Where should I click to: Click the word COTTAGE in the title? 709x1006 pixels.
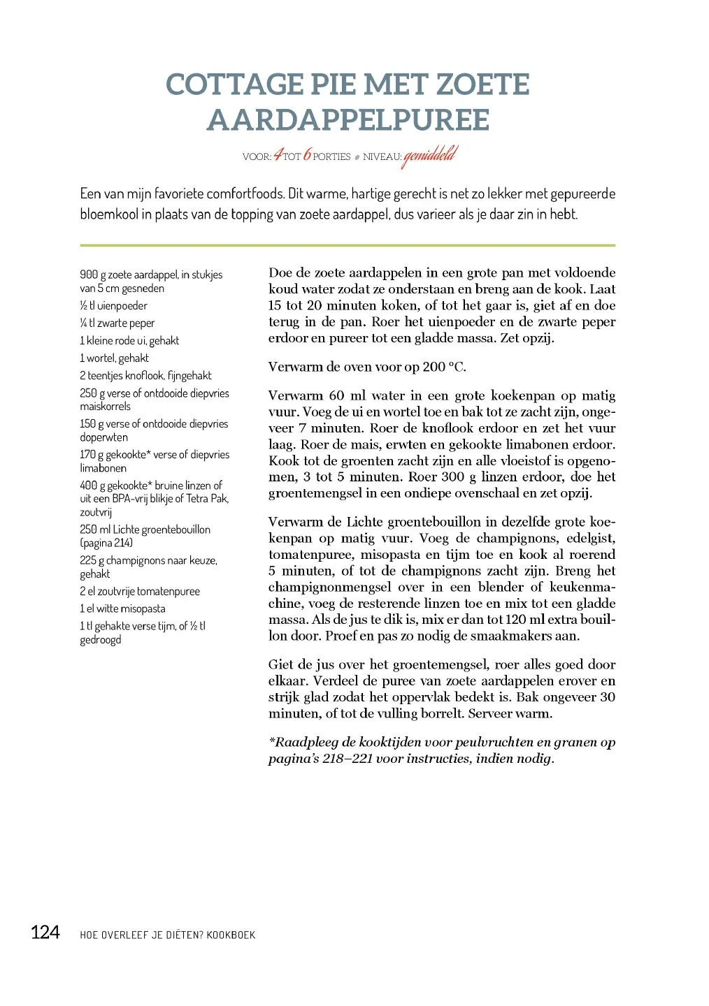click(234, 85)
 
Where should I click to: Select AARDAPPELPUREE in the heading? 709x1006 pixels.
click(348, 120)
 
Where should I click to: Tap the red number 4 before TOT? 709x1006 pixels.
click(278, 155)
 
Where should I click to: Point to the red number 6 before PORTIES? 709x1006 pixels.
click(307, 155)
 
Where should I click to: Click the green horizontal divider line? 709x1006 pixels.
click(348, 245)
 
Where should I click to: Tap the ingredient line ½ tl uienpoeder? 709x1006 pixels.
click(113, 306)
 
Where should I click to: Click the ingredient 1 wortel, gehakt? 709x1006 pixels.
click(114, 358)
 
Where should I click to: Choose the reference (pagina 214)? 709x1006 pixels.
click(106, 543)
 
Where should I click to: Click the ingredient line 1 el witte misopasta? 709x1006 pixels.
click(122, 608)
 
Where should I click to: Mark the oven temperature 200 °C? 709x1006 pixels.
click(444, 367)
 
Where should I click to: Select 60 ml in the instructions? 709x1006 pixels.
click(347, 396)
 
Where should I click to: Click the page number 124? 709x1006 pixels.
click(45, 933)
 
